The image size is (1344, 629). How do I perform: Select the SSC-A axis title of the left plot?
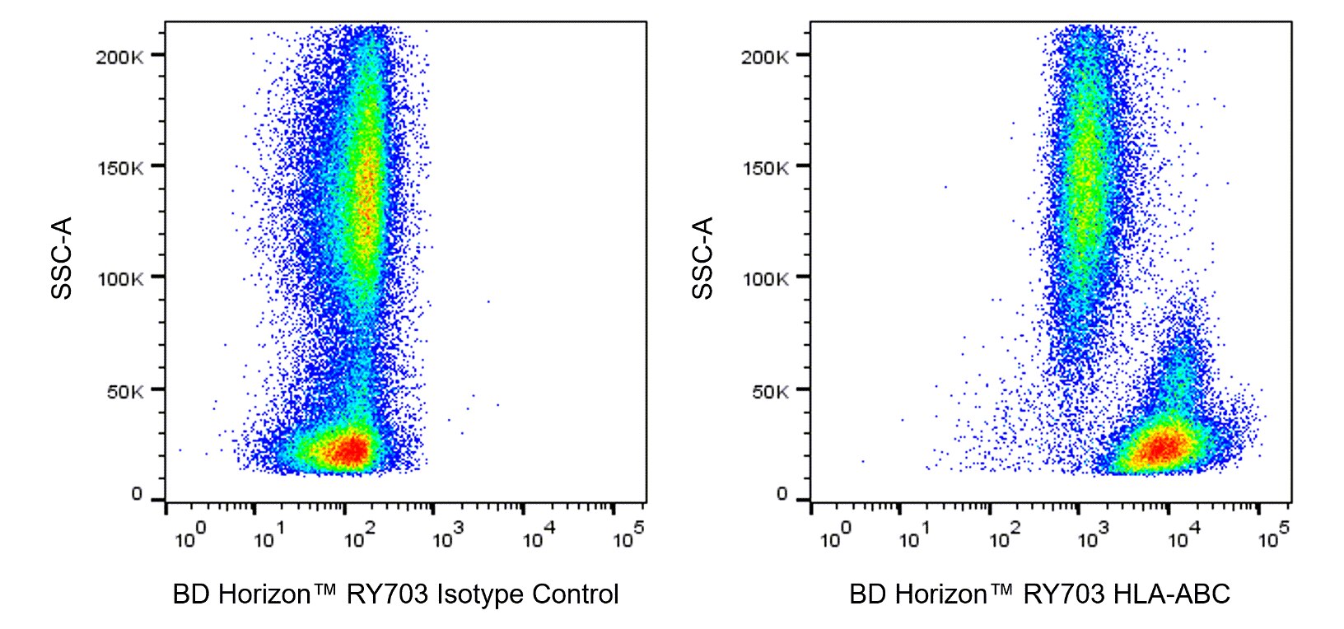point(63,258)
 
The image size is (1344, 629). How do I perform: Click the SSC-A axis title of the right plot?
point(702,258)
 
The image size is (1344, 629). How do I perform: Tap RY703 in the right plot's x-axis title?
point(1063,594)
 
